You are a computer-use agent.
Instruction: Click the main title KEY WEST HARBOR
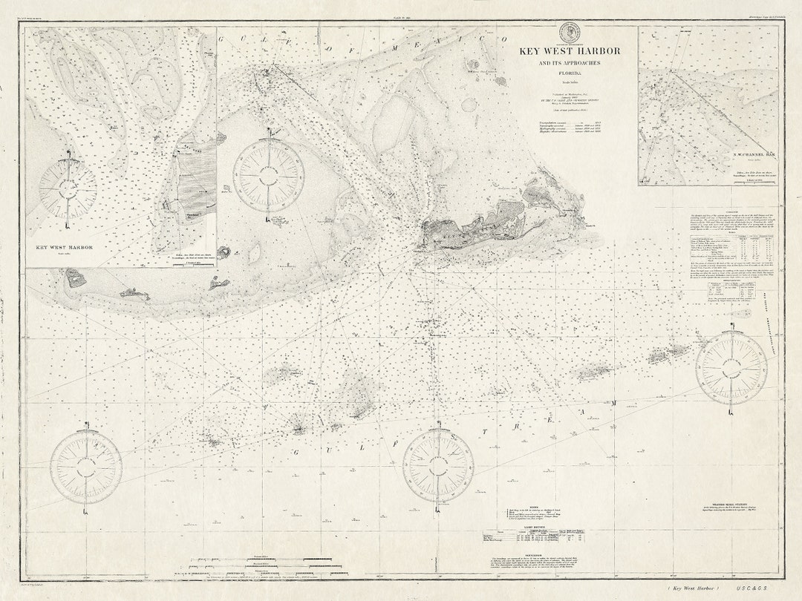(570, 51)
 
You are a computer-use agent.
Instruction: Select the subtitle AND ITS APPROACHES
(570, 63)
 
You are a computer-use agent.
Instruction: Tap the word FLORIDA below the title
(570, 74)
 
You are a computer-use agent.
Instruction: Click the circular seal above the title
(570, 33)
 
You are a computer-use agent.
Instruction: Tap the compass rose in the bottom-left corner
(86, 467)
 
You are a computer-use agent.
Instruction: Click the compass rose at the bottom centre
(438, 466)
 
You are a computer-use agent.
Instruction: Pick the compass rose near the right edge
(731, 369)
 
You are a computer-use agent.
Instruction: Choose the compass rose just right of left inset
(268, 176)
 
